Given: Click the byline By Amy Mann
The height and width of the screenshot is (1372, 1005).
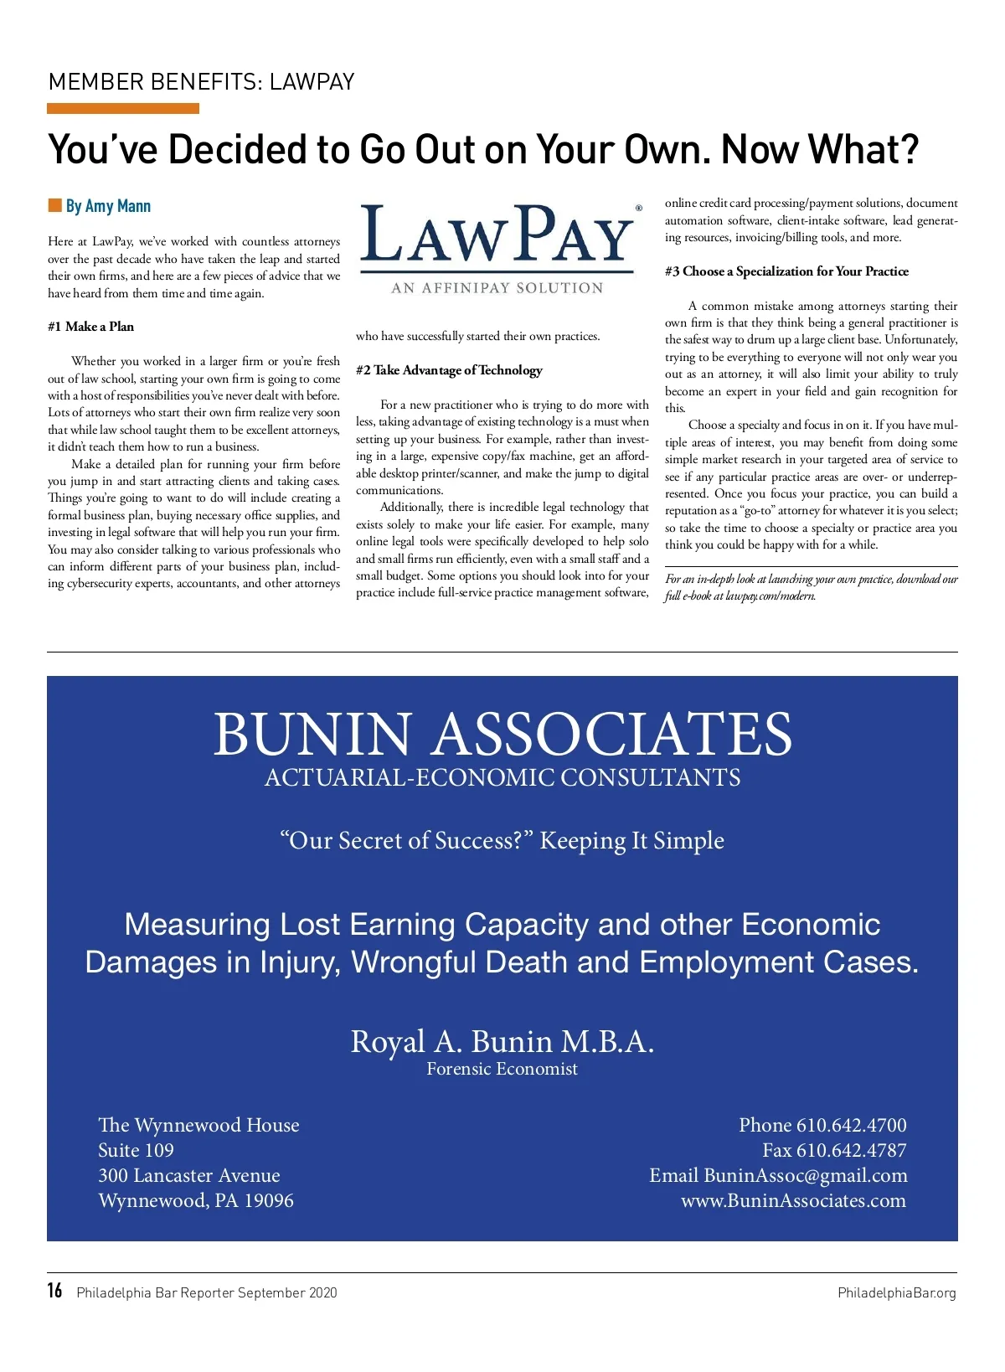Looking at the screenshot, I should pyautogui.click(x=108, y=206).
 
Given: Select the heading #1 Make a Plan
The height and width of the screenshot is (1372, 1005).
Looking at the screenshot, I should pyautogui.click(x=90, y=327).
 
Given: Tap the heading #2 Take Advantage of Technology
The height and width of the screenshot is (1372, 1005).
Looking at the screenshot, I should pyautogui.click(x=449, y=370).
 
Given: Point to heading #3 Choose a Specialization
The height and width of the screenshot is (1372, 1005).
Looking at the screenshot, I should pyautogui.click(x=786, y=271).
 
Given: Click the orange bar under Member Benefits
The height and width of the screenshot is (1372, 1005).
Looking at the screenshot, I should pyautogui.click(x=123, y=109).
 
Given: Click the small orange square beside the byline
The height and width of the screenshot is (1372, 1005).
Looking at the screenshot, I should pyautogui.click(x=55, y=205).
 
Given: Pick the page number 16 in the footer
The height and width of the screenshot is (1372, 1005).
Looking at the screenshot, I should pyautogui.click(x=54, y=1291).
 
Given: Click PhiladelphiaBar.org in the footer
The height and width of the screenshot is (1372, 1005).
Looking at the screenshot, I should pyautogui.click(x=896, y=1292).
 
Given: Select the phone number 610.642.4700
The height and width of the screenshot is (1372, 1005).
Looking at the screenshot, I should pyautogui.click(x=851, y=1125).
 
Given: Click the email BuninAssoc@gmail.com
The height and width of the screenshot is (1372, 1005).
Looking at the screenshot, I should pyautogui.click(x=805, y=1175).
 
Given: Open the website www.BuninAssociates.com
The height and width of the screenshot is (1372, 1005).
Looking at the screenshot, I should pyautogui.click(x=793, y=1200).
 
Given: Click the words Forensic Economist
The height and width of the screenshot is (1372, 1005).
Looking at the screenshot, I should pyautogui.click(x=502, y=1069).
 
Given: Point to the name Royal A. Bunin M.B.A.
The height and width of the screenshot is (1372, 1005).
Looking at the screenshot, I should pyautogui.click(x=502, y=1041).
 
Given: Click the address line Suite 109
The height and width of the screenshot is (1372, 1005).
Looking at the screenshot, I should pyautogui.click(x=136, y=1150).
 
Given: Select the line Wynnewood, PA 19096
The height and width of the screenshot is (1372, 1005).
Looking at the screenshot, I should pyautogui.click(x=196, y=1200).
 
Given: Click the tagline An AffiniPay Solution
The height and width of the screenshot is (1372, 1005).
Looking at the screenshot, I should pyautogui.click(x=497, y=288).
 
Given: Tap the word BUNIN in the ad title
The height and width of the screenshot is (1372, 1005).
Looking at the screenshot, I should pyautogui.click(x=312, y=734).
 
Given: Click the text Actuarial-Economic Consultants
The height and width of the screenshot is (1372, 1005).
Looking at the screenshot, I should pyautogui.click(x=502, y=777).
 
